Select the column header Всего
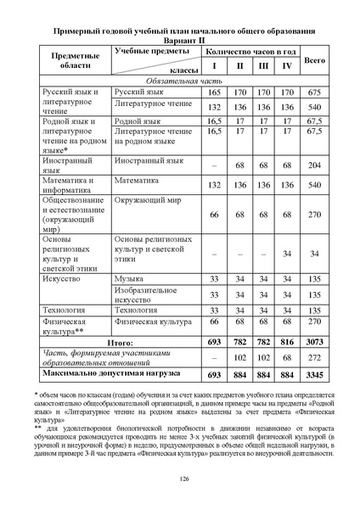click(x=315, y=62)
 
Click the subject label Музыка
click(x=129, y=278)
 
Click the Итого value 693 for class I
click(x=215, y=340)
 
